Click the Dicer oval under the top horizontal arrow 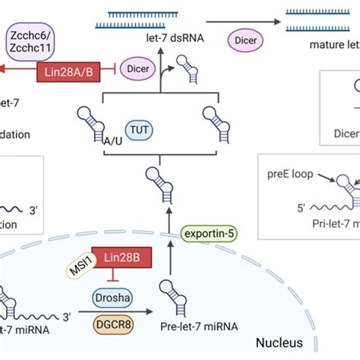coord(242,38)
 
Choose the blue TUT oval coord(146,129)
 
